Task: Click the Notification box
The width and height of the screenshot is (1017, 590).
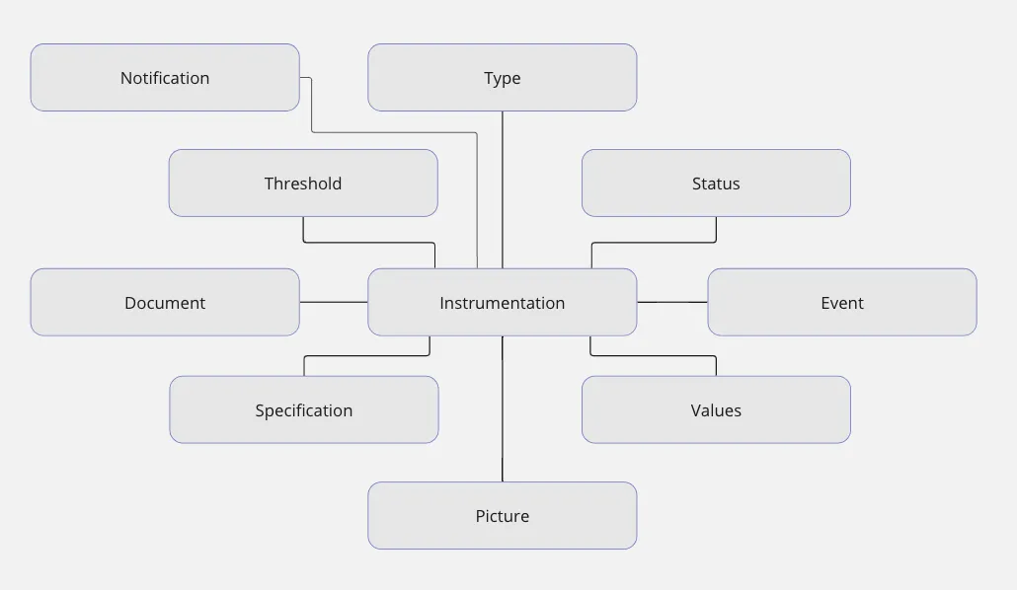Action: click(x=165, y=77)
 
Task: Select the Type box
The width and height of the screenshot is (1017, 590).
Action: click(x=502, y=77)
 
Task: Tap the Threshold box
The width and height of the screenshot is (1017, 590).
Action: click(x=303, y=183)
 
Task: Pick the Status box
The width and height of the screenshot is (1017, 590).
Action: click(x=716, y=183)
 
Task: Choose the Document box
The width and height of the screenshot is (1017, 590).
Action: click(x=165, y=302)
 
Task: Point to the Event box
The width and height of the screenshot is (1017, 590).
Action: click(x=842, y=302)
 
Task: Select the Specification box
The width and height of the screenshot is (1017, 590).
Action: click(x=304, y=409)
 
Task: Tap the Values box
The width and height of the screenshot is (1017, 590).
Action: click(x=716, y=409)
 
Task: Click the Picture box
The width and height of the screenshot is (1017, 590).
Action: click(x=502, y=515)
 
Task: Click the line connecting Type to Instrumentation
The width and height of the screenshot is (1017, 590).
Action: click(x=502, y=187)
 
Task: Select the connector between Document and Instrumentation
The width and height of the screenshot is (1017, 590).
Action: click(x=334, y=302)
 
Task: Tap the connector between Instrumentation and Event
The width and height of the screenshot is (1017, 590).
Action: click(x=672, y=302)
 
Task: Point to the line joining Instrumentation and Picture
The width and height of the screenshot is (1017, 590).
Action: click(x=502, y=409)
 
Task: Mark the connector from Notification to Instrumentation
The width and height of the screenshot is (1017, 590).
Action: click(x=395, y=132)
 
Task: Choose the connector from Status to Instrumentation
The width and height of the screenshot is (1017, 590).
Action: click(x=654, y=242)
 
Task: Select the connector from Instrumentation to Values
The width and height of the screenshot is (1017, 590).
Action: click(x=654, y=356)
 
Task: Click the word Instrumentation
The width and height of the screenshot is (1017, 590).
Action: click(x=502, y=302)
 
